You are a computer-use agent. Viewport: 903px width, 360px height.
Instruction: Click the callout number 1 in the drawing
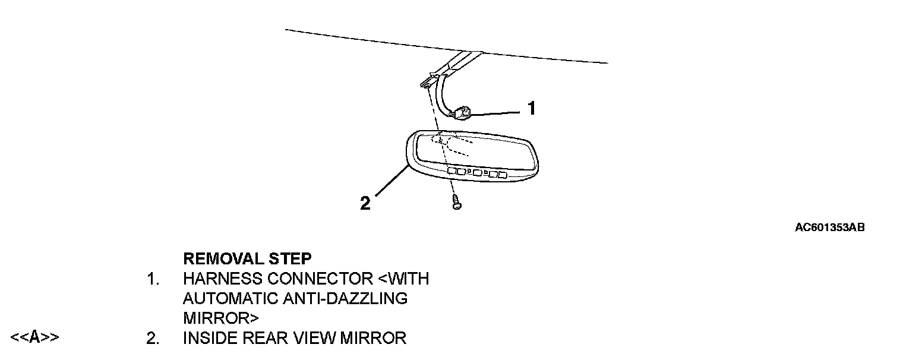point(532,108)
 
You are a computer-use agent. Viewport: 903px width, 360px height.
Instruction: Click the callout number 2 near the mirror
point(365,204)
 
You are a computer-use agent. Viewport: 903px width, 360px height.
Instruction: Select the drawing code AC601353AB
point(829,228)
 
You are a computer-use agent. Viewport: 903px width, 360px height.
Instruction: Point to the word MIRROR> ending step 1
point(221,318)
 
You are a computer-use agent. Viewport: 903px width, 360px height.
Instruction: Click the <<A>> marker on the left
point(34,338)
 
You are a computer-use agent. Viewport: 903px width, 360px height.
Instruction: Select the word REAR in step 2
point(257,339)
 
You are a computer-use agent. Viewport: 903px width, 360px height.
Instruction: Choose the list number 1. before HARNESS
point(153,279)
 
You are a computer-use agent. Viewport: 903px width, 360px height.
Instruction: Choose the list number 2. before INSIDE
point(153,339)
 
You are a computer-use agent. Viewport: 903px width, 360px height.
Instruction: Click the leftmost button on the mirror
point(451,170)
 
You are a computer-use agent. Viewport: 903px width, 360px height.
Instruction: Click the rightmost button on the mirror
point(503,175)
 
